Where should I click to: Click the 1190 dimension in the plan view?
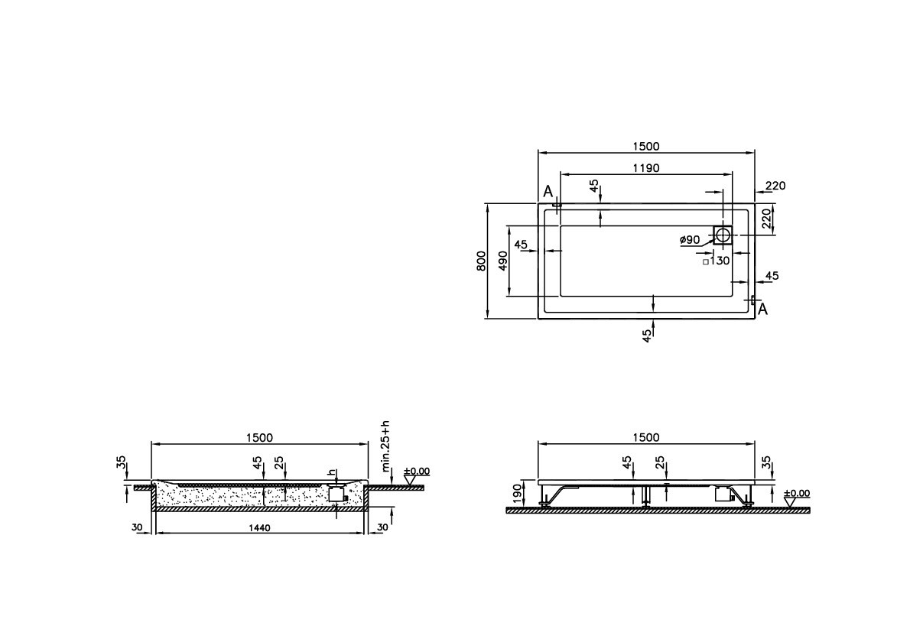[645, 167]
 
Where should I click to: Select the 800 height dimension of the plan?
[481, 261]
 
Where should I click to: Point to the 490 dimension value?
[502, 261]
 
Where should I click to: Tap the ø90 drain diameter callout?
[690, 240]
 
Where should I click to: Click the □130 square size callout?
[717, 261]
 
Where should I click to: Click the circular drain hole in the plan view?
[723, 235]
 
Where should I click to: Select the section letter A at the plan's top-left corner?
[548, 191]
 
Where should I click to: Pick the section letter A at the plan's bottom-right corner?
[762, 309]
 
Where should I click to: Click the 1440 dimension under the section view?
[259, 528]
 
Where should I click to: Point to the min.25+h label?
[386, 445]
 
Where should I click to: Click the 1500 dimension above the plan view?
[645, 146]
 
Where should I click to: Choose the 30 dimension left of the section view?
[137, 527]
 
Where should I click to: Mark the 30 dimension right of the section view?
[382, 527]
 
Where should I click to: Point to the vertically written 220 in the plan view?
[766, 219]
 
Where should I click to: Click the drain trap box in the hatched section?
[336, 494]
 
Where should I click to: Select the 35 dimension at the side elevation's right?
[767, 465]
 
